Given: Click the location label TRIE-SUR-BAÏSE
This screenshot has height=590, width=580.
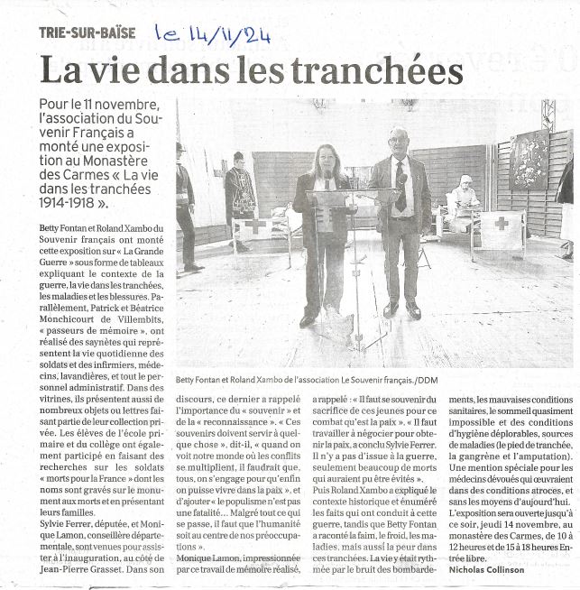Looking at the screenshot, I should (x=88, y=32).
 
